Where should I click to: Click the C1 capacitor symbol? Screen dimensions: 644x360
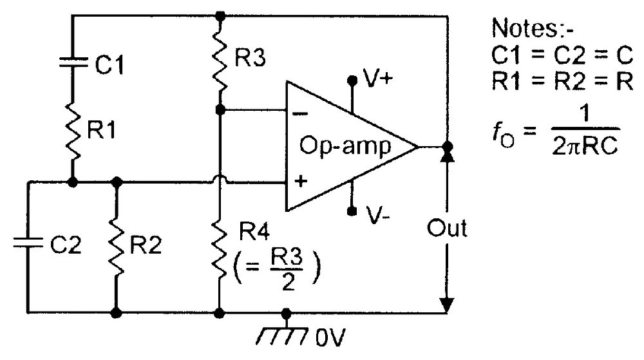[x=73, y=62]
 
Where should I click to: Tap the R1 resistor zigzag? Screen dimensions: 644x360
[x=73, y=132]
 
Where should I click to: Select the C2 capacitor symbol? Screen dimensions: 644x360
[x=28, y=243]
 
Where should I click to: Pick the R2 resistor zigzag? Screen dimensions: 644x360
[x=117, y=247]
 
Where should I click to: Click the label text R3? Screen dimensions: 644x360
[x=250, y=57]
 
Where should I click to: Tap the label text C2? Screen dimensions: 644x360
[x=66, y=245]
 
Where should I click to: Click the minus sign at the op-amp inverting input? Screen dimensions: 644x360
[x=300, y=113]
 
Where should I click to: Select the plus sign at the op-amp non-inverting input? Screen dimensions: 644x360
[x=301, y=180]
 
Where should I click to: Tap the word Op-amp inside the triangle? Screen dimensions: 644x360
[x=345, y=147]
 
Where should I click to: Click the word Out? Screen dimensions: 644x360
[x=447, y=228]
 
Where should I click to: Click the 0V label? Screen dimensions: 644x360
[x=330, y=337]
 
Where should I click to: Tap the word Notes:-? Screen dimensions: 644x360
[x=532, y=28]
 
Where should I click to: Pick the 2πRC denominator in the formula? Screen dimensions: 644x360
[x=585, y=144]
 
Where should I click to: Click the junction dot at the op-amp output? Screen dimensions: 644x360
[x=448, y=147]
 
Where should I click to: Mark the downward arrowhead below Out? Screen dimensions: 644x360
[x=447, y=305]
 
